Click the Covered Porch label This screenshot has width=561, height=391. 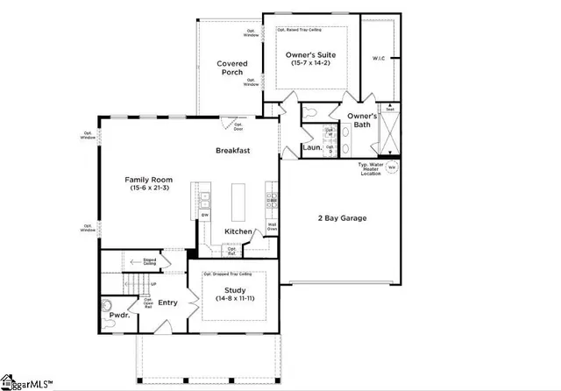232,68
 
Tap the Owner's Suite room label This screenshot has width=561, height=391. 312,55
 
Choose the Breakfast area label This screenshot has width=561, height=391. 233,151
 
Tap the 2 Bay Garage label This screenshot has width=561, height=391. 342,218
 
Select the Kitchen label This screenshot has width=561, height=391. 238,231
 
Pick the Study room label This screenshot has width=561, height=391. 235,290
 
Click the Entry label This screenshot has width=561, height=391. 167,302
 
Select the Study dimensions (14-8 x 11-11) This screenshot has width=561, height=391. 235,300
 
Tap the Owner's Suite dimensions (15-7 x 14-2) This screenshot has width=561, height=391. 312,65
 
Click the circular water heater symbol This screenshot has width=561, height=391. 392,167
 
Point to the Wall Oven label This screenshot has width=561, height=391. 273,226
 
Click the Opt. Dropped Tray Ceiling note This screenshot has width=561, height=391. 233,274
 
